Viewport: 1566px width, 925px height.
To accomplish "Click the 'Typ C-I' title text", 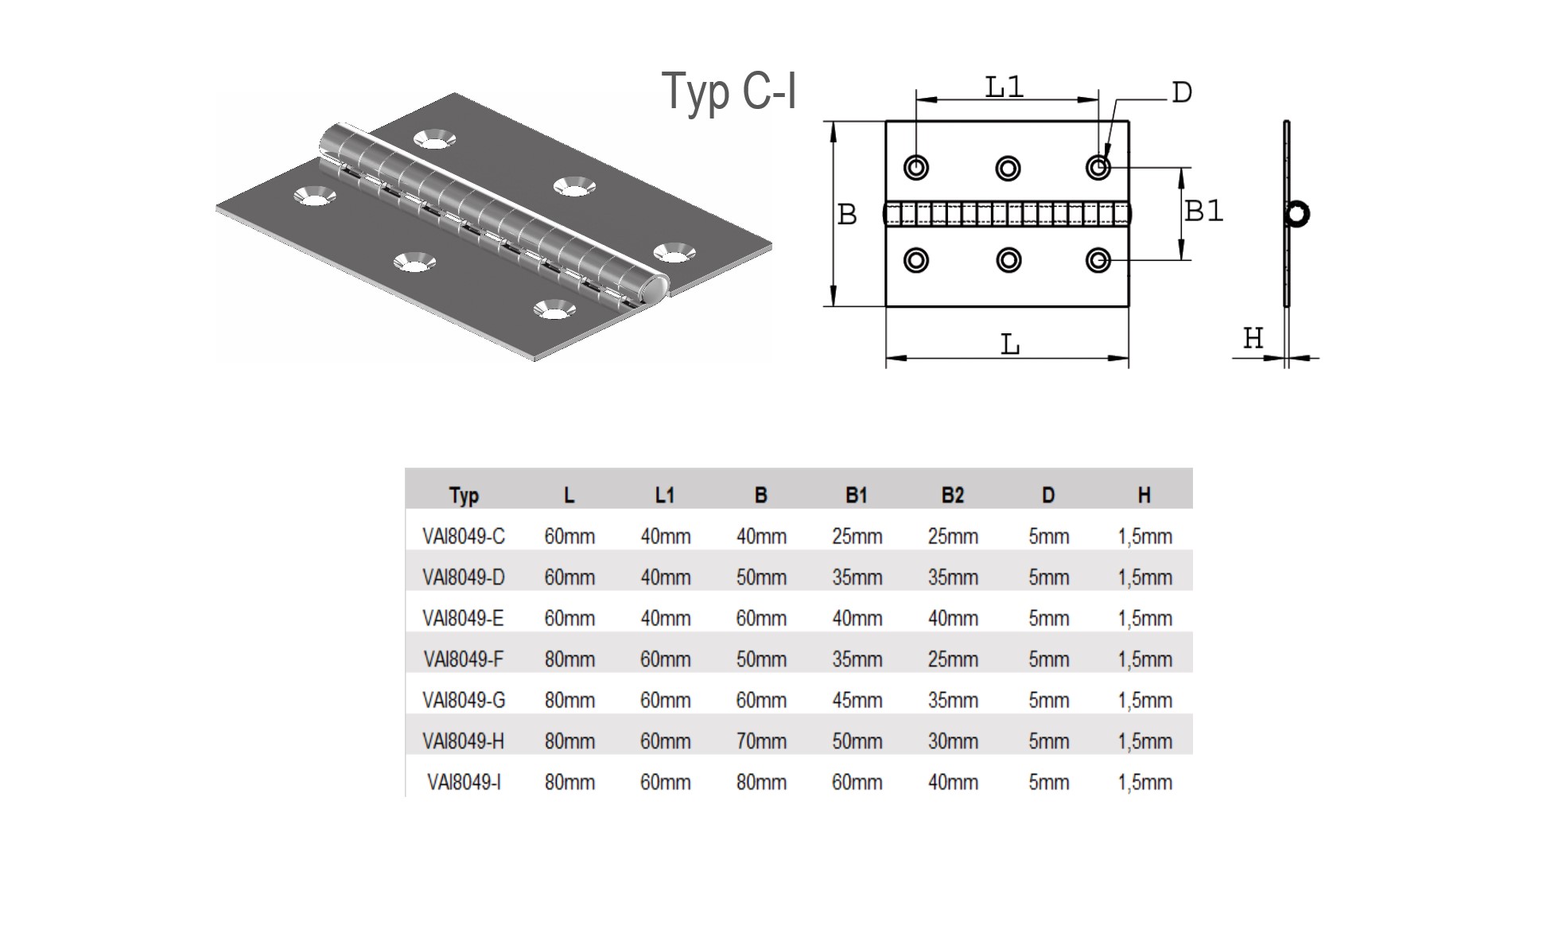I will pyautogui.click(x=729, y=92).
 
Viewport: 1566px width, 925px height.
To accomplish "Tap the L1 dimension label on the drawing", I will pyautogui.click(x=1004, y=87).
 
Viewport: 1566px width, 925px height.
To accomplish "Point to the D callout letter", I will pyautogui.click(x=1182, y=93).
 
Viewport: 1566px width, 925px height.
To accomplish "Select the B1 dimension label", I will pyautogui.click(x=1203, y=211).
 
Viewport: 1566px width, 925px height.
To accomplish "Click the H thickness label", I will pyautogui.click(x=1253, y=339).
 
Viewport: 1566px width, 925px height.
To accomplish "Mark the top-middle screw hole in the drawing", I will pyautogui.click(x=1008, y=168).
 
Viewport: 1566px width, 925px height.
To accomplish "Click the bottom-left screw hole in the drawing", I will pyautogui.click(x=916, y=260).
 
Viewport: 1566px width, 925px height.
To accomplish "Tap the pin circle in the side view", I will pyautogui.click(x=1297, y=213).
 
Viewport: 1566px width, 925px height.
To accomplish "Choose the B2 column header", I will pyautogui.click(x=952, y=496).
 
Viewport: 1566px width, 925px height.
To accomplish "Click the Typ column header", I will pyautogui.click(x=464, y=496).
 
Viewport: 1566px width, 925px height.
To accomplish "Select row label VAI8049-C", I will pyautogui.click(x=464, y=537).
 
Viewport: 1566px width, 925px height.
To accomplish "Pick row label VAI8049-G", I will pyautogui.click(x=464, y=701).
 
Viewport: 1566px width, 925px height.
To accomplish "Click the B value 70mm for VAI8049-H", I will pyautogui.click(x=761, y=741).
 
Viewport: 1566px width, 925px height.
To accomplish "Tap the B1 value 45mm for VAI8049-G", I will pyautogui.click(x=857, y=701).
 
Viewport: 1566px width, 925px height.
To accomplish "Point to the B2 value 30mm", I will pyautogui.click(x=953, y=741).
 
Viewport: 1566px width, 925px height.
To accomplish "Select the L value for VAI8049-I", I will pyautogui.click(x=569, y=783).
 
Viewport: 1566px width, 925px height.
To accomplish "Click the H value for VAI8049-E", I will pyautogui.click(x=1144, y=619).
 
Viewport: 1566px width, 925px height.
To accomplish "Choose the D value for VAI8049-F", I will pyautogui.click(x=1048, y=659).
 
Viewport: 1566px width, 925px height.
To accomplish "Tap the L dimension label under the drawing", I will pyautogui.click(x=1009, y=345).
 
